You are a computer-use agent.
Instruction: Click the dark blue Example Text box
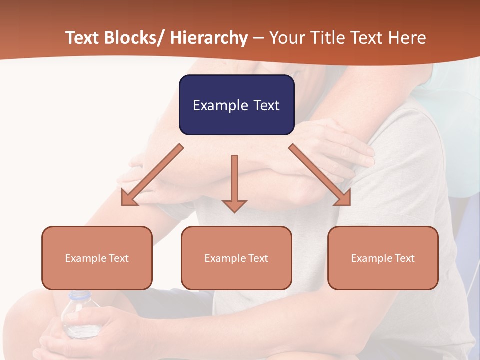(x=236, y=105)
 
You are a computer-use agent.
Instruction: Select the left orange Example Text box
(x=97, y=258)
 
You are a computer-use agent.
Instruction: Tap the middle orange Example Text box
(x=236, y=258)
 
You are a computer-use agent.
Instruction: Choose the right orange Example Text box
(x=383, y=258)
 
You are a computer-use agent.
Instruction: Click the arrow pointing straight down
(x=234, y=183)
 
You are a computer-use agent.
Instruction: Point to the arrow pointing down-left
(x=152, y=175)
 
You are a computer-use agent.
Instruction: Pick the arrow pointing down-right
(x=320, y=175)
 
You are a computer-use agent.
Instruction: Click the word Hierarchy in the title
(x=209, y=38)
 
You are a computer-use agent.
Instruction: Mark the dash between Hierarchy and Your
(x=258, y=38)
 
